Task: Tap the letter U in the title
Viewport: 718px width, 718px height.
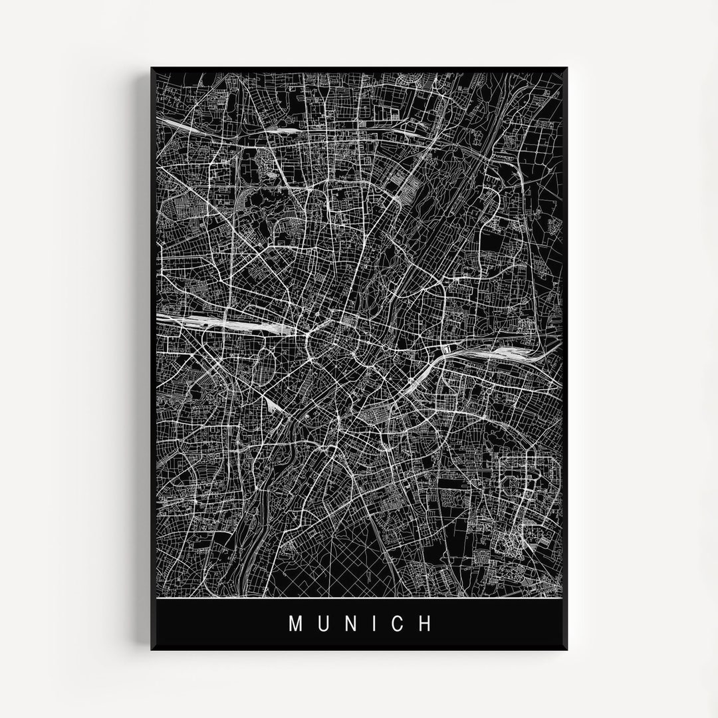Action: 323,624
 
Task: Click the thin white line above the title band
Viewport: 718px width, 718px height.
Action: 359,598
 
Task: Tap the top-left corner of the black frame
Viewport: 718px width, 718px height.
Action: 152,68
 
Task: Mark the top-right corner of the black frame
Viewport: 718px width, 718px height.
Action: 566,68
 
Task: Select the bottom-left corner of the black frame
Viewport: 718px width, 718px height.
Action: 152,650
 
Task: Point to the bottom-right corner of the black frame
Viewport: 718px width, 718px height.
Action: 566,650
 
